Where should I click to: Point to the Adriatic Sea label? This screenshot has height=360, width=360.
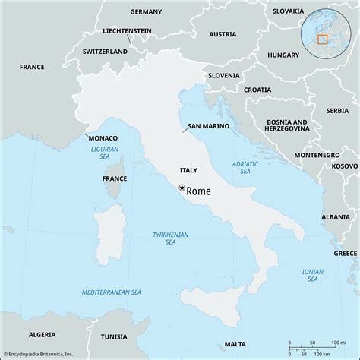coord(244,167)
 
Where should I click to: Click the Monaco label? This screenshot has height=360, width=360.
coord(103,138)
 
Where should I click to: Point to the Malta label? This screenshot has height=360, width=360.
coord(235,344)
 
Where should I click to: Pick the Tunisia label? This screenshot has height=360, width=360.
coord(114,336)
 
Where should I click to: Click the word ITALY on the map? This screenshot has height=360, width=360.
coord(189,171)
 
